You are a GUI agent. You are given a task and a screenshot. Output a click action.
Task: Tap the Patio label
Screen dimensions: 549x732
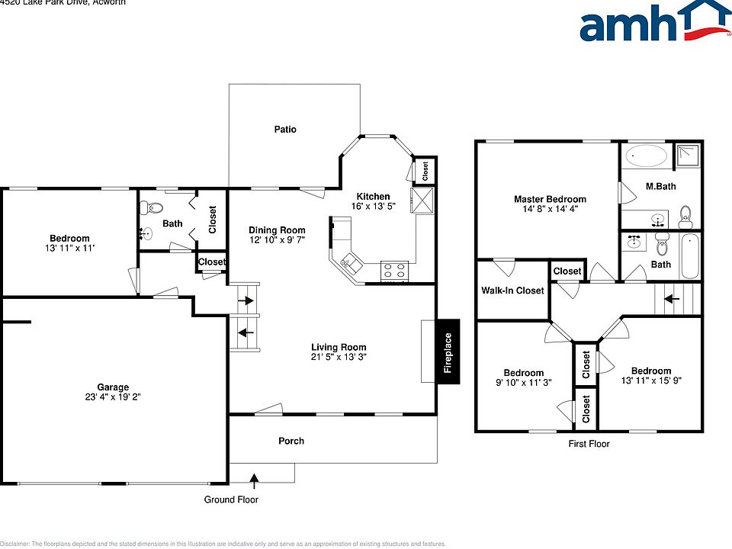tap(285, 130)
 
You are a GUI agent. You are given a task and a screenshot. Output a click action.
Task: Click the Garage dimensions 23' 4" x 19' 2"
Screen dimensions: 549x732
tap(114, 397)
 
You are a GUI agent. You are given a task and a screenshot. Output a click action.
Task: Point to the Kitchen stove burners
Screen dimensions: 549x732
tap(394, 270)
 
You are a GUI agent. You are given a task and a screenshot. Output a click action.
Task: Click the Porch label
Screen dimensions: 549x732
tap(291, 441)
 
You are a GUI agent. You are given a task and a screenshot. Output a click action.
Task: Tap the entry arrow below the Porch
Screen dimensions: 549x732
tap(254, 479)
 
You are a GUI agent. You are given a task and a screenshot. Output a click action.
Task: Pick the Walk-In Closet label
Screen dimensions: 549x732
tap(512, 291)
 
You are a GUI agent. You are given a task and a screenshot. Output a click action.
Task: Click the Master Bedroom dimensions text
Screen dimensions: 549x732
tap(550, 208)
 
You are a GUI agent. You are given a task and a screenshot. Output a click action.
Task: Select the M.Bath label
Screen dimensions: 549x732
tap(660, 187)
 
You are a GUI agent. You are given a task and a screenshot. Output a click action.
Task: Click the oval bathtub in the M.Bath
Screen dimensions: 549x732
tap(645, 156)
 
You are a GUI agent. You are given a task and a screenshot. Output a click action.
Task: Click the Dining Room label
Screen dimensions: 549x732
tap(277, 230)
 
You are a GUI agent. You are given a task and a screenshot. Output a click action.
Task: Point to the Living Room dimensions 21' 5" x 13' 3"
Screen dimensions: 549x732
tap(339, 357)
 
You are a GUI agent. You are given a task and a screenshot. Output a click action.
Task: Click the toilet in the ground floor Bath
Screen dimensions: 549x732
tap(156, 207)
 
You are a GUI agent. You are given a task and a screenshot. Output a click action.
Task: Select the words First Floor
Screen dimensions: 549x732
tap(589, 444)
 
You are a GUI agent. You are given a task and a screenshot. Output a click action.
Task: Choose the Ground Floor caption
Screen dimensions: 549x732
tap(231, 500)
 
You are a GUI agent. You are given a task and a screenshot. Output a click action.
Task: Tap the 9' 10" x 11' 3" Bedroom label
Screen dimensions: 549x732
tap(523, 383)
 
